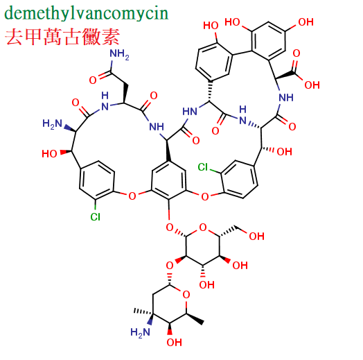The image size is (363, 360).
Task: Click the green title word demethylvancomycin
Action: pos(87,13)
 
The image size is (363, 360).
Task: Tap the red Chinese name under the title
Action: pos(62,37)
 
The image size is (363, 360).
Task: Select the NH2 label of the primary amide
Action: pos(119,55)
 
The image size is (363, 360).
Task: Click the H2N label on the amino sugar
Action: pos(140,332)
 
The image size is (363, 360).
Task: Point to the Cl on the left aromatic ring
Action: pos(96,216)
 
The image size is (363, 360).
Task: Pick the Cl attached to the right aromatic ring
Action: pos(203,167)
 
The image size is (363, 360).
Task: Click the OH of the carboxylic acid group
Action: pos(312,85)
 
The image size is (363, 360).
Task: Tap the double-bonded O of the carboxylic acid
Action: pos(296,53)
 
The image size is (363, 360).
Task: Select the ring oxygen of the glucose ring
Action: pos(203,228)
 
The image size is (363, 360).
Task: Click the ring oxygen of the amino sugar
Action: pos(186,295)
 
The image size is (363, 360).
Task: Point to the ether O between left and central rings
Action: pos(132,196)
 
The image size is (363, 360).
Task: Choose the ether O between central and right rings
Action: pos(204,196)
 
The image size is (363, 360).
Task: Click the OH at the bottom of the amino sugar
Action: pos(174,343)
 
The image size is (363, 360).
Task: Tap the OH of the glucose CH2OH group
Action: pos(256,237)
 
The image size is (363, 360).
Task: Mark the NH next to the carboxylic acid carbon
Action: pos(286,97)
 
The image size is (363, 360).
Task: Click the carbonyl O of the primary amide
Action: pos(93,80)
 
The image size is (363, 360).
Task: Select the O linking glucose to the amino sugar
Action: pos(170,266)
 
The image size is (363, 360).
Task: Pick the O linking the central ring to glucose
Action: pos(170,228)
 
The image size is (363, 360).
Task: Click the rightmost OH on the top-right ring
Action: pos(306,22)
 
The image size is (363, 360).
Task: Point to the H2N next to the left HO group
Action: pos(53,123)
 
